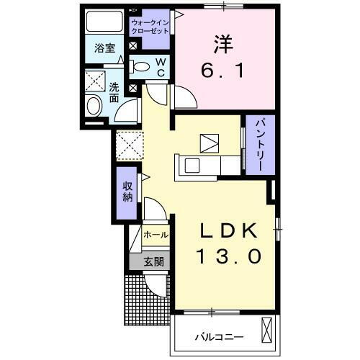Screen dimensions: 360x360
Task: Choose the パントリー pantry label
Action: [260, 145]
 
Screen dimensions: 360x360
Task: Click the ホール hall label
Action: [156, 235]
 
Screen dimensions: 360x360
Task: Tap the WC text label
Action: [161, 67]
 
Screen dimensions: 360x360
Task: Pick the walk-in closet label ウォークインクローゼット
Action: [150, 28]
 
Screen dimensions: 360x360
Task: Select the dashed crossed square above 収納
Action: [127, 146]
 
